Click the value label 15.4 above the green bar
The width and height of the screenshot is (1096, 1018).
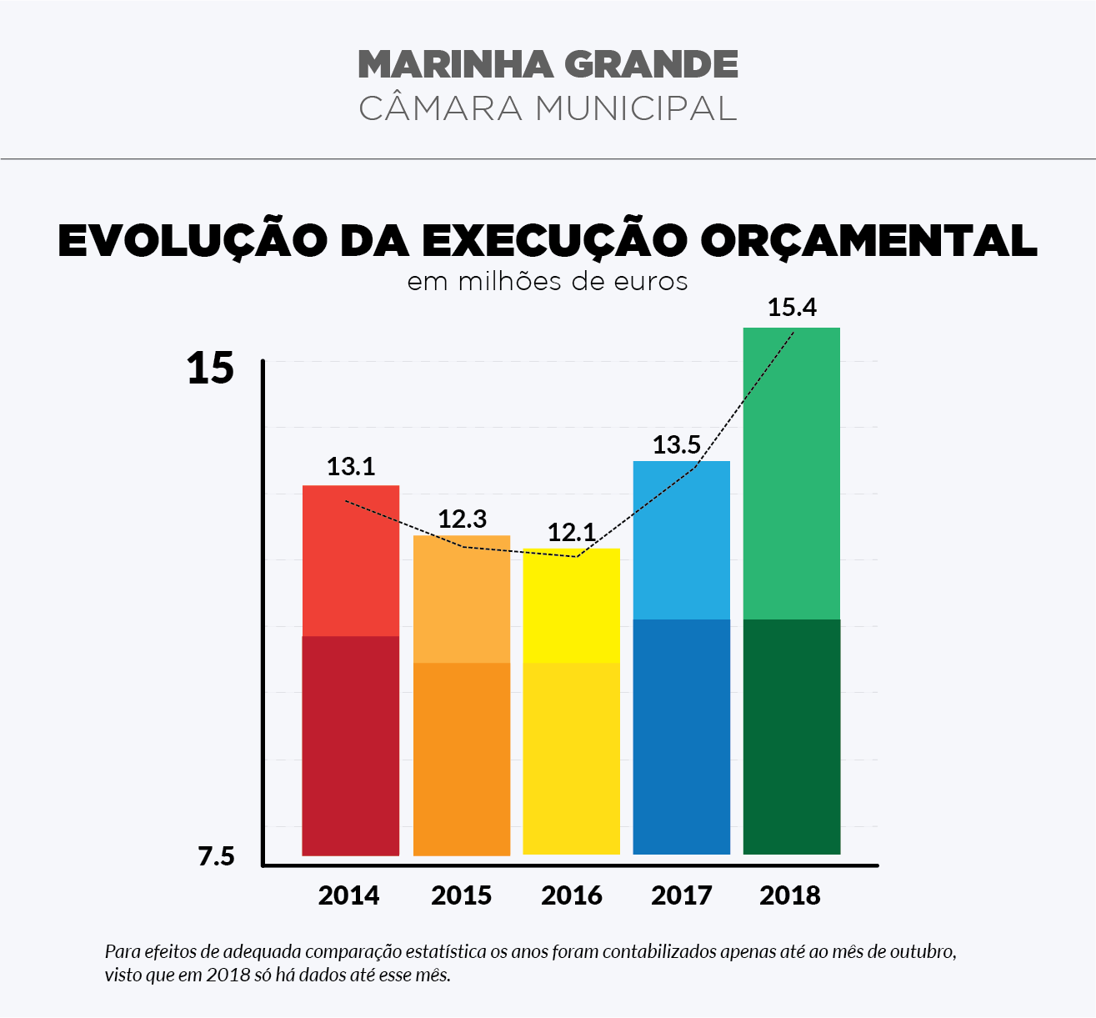click(792, 308)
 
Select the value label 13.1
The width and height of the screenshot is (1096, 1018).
click(351, 466)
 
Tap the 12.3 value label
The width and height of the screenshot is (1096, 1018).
click(463, 519)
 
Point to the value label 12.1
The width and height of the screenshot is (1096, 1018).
click(572, 532)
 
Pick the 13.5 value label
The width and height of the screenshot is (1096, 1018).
click(677, 444)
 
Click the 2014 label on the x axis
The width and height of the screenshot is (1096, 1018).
click(349, 895)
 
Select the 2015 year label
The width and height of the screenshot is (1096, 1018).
click(462, 895)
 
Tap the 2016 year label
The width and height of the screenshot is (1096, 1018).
click(572, 895)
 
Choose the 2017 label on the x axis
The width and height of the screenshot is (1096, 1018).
click(682, 895)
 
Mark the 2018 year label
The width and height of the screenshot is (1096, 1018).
click(790, 895)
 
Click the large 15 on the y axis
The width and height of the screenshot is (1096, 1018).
click(210, 368)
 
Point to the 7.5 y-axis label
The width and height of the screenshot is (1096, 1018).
click(217, 856)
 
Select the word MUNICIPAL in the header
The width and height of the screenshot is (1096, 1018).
click(635, 108)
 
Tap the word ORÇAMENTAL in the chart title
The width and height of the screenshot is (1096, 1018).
click(868, 240)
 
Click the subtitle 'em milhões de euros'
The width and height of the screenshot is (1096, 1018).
click(548, 282)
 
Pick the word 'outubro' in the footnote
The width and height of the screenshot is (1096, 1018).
click(920, 951)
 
